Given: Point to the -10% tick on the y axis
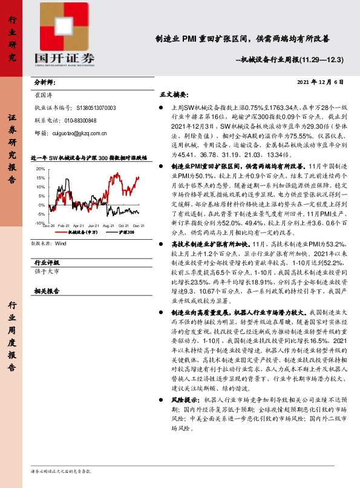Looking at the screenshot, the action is (x=40, y=207).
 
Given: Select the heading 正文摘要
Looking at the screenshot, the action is (x=174, y=95).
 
